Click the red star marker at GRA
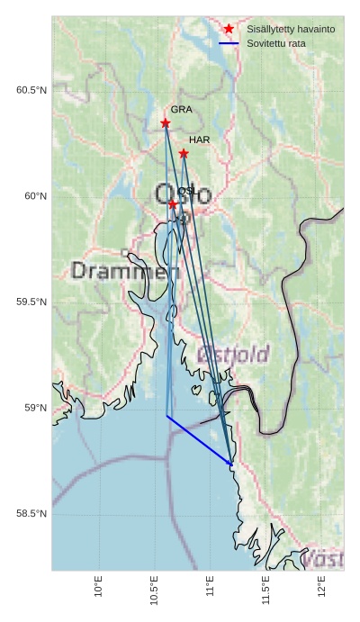pos(166,122)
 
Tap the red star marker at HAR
pos(184,153)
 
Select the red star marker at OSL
pos(173,204)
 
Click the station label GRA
pos(181,109)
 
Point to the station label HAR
pos(199,140)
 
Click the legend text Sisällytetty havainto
pos(291,30)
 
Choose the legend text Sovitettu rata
pos(276,43)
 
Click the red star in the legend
pos(229,29)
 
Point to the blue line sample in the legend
pos(229,43)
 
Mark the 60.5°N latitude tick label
pos(31,90)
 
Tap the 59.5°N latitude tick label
pos(31,302)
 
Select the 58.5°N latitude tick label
pos(31,514)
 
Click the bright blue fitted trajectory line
pos(199,440)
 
